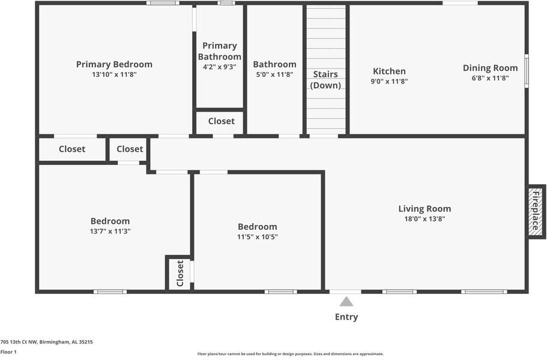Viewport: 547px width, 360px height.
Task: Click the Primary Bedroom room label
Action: click(x=114, y=64)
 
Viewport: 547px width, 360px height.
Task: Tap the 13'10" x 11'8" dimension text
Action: click(x=114, y=75)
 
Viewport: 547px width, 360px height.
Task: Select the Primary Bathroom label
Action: click(x=219, y=51)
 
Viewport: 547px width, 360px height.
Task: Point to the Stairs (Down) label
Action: click(x=325, y=80)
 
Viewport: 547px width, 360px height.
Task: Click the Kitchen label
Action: click(x=389, y=71)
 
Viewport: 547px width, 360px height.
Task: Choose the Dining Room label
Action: click(x=490, y=68)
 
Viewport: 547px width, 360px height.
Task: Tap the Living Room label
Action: click(x=425, y=209)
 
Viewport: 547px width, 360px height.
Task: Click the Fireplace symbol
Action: click(x=536, y=210)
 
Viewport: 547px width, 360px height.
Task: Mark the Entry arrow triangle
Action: click(x=346, y=301)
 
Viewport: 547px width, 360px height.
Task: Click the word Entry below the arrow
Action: click(x=346, y=317)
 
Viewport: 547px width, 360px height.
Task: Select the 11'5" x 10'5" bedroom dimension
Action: click(x=258, y=237)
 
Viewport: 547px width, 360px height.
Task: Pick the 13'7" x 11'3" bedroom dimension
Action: click(x=110, y=231)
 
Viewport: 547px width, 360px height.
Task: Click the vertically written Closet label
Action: click(x=180, y=273)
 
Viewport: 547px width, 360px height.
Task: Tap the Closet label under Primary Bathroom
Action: click(x=221, y=121)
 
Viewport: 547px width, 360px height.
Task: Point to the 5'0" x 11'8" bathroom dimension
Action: click(x=274, y=75)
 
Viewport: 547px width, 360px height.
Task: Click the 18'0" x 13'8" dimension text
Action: click(x=425, y=219)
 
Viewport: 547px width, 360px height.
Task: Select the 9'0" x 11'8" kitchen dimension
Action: click(x=389, y=81)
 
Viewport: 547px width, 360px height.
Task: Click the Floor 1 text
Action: click(x=8, y=352)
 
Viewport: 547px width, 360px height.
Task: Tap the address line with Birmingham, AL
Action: click(x=46, y=342)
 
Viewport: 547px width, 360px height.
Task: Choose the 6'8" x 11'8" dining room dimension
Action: click(x=490, y=78)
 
